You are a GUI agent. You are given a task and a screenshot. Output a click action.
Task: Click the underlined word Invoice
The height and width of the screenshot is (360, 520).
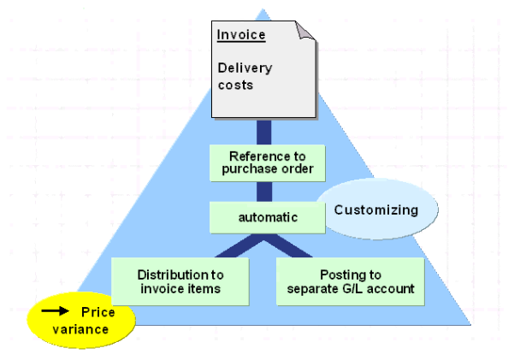pos(241,36)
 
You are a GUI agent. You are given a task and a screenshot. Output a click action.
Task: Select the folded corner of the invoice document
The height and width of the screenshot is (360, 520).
pos(307,33)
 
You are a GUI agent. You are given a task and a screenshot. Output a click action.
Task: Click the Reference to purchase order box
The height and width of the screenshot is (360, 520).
pos(267,162)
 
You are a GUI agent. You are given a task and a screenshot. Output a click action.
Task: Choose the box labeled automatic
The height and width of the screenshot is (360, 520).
pos(267,217)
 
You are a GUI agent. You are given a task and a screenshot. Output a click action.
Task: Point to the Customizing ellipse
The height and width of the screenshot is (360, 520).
pos(376,210)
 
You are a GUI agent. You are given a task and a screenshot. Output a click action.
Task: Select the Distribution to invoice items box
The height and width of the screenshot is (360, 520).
pos(180,281)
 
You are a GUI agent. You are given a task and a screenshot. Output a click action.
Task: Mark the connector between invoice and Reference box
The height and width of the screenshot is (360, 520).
pos(265,132)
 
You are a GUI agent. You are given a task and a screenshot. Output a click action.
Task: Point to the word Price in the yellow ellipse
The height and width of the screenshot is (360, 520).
pos(97,313)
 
